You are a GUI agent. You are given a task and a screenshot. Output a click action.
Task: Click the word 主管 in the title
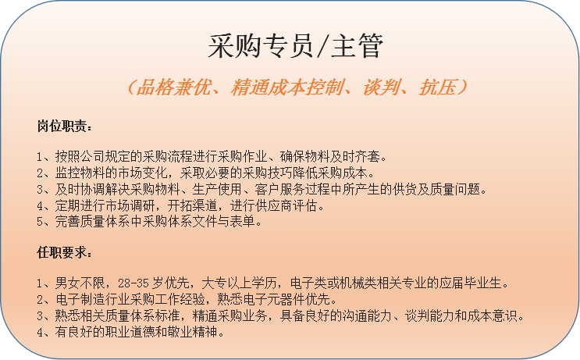pyautogui.click(x=357, y=46)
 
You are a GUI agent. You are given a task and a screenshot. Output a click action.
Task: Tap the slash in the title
pyautogui.click(x=321, y=47)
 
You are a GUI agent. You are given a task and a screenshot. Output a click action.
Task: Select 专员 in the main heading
pyautogui.click(x=286, y=46)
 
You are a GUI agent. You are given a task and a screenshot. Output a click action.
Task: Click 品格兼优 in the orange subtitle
pyautogui.click(x=174, y=87)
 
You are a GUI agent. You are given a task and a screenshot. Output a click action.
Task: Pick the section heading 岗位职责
pyautogui.click(x=62, y=127)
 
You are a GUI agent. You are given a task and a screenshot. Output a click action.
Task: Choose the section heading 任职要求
pyautogui.click(x=62, y=253)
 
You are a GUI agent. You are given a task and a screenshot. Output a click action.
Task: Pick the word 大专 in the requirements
pyautogui.click(x=214, y=283)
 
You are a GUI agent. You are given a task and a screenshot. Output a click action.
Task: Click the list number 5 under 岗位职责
pyautogui.click(x=40, y=222)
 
